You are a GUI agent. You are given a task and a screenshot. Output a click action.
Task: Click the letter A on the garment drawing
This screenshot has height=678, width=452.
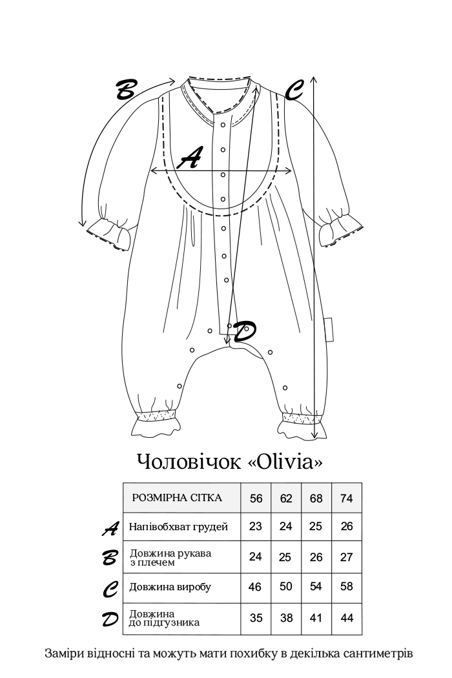click(190, 158)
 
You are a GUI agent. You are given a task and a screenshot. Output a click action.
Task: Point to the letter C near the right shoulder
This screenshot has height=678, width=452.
click(294, 90)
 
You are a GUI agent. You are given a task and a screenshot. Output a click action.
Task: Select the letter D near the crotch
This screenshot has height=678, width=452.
click(244, 332)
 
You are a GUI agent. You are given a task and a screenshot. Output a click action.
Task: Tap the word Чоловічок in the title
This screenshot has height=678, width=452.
click(189, 462)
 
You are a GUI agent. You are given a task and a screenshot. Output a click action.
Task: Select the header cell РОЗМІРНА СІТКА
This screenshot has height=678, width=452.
click(177, 498)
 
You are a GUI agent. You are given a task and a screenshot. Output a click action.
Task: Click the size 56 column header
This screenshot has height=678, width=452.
click(256, 498)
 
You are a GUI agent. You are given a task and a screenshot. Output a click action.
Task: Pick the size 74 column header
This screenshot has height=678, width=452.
click(347, 498)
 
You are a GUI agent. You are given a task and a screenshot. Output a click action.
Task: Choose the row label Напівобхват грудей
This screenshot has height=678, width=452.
click(178, 527)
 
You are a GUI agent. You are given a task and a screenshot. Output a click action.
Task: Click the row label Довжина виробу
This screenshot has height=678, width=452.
click(170, 587)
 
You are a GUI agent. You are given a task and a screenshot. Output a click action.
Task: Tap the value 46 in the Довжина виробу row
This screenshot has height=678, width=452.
click(255, 587)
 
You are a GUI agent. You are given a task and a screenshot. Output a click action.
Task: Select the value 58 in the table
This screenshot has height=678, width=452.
click(347, 587)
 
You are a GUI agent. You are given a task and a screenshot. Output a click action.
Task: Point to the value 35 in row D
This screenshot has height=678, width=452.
click(256, 618)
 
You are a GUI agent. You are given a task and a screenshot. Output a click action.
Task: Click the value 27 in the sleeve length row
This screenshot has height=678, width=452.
click(347, 557)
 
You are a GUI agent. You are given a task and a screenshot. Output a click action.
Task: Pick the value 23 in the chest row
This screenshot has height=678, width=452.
click(256, 526)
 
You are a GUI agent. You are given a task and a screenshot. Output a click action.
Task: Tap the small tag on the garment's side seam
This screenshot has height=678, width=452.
click(329, 331)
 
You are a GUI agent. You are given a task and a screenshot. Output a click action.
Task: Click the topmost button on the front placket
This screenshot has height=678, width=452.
click(223, 125)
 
